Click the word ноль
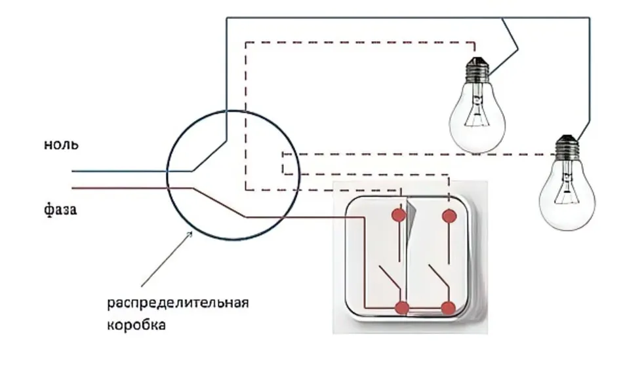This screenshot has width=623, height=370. coord(61,145)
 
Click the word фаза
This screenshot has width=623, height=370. coord(60,210)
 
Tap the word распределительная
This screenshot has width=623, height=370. coord(178,303)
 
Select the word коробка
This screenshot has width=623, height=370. coord(136,325)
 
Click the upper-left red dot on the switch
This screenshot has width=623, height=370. coord(399,215)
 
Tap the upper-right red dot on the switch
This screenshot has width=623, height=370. coord(449,216)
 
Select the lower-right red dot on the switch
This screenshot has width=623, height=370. coord(448,308)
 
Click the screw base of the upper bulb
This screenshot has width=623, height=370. coord(477,70)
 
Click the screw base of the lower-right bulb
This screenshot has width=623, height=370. coord(567,148)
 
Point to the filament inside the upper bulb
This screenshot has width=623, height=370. coord(477,113)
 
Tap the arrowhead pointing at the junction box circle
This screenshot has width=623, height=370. coord(190,234)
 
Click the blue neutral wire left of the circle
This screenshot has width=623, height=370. coord(119,172)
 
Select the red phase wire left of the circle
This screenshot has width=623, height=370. coord(119,187)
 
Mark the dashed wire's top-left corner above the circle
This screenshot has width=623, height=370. coord(246,42)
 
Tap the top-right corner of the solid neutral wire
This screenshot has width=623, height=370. coord(590,18)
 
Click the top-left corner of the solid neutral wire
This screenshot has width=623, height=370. coord(226,18)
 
